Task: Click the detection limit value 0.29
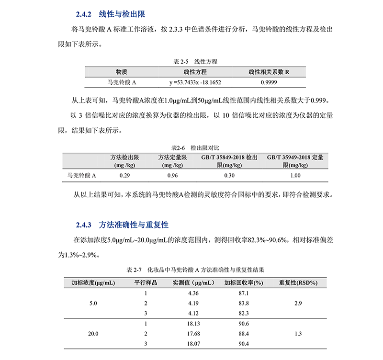tap(124, 176)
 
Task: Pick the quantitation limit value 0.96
tap(172, 176)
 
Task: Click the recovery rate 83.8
tap(244, 304)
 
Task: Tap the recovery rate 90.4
tap(244, 344)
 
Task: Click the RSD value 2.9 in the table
tap(298, 304)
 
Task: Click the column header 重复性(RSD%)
tap(298, 282)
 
